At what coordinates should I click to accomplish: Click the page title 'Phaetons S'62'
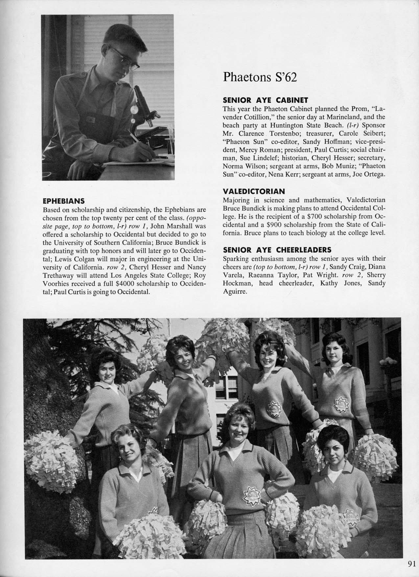pyautogui.click(x=260, y=77)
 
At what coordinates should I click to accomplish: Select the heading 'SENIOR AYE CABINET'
pyautogui.click(x=265, y=99)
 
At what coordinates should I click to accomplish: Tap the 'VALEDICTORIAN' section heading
pyautogui.click(x=254, y=191)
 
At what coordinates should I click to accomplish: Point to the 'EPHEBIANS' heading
pyautogui.click(x=64, y=201)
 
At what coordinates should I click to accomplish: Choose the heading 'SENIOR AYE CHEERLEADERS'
pyautogui.click(x=277, y=250)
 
